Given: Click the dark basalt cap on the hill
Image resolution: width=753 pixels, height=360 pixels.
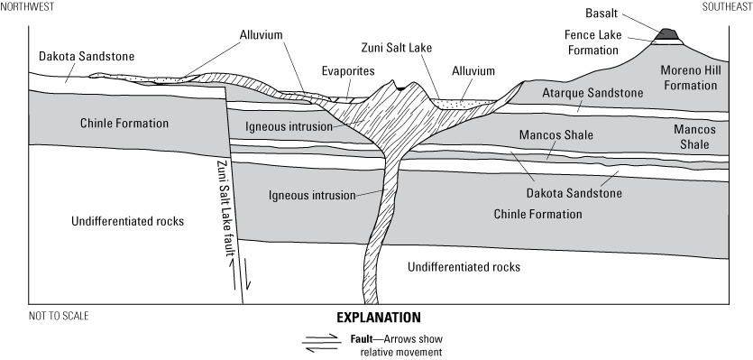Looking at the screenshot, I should [x=669, y=35].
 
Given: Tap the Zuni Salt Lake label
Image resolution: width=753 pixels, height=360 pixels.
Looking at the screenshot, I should [x=392, y=42].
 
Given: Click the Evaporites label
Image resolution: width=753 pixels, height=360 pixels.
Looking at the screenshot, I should [x=344, y=69].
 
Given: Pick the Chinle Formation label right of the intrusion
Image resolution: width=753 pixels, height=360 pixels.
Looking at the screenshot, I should [x=537, y=214].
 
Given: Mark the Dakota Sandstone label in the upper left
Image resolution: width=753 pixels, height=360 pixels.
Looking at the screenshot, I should [x=87, y=56].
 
